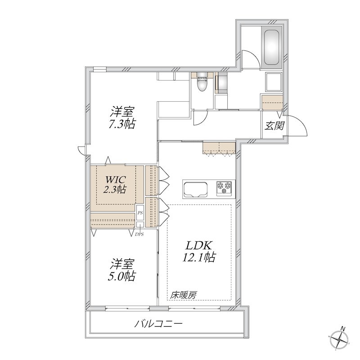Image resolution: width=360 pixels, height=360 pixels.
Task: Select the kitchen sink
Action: click(194, 189)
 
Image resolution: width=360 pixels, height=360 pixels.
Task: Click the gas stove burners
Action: click(225, 188)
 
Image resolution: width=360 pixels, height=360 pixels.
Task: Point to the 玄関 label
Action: click(274, 126)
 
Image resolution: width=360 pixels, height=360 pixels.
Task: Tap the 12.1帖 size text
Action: click(198, 257)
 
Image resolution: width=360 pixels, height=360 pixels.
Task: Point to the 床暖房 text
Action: click(183, 295)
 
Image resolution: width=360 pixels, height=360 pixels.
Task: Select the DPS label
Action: click(139, 234)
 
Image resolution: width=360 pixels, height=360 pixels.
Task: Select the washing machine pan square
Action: click(274, 81)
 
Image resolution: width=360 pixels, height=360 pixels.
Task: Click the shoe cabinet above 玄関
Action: click(272, 103)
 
